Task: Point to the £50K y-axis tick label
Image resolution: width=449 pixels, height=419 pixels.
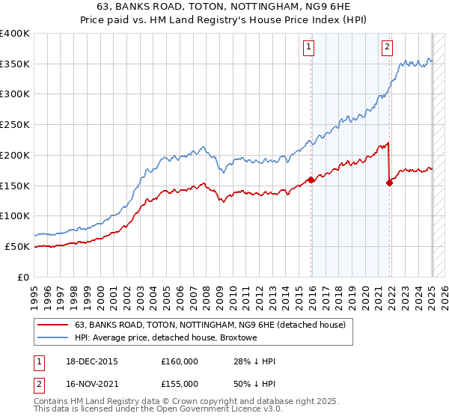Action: point(18,245)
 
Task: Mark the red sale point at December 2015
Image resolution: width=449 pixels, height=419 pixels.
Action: point(311,180)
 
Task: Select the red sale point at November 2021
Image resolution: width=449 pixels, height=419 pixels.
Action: point(389,182)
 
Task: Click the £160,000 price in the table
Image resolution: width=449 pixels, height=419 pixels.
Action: point(180,361)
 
